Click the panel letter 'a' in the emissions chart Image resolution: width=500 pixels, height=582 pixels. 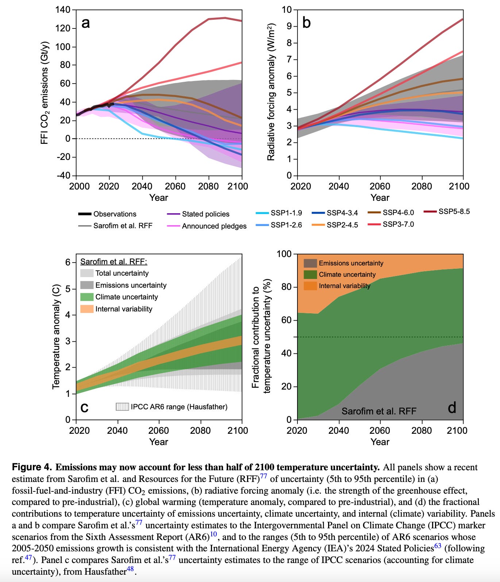85,23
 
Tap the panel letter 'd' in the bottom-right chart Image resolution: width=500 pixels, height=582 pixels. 452,407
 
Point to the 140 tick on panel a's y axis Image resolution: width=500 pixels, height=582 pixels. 63,10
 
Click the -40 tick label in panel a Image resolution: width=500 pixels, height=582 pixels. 63,175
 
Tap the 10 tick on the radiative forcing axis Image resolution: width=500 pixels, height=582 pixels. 287,10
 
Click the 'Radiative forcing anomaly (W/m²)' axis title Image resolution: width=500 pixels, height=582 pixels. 271,92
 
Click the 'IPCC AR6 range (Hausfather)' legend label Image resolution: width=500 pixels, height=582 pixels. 179,407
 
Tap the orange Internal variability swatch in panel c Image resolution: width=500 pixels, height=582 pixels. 87,309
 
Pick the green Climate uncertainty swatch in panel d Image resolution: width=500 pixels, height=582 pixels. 310,274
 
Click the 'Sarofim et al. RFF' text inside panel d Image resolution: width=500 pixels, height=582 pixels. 379,411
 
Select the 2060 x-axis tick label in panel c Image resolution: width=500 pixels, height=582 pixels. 158,430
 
